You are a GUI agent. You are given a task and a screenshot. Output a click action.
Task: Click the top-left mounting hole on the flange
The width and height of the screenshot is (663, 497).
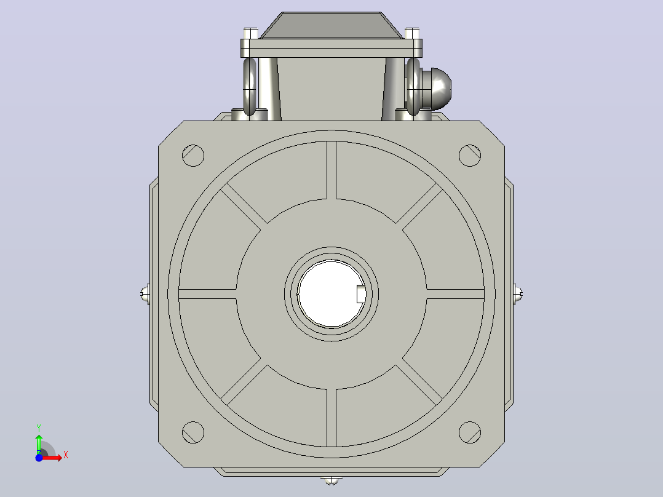pyautogui.click(x=193, y=155)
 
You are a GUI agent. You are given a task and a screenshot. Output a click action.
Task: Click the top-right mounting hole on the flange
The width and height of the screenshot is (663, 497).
pyautogui.click(x=470, y=155)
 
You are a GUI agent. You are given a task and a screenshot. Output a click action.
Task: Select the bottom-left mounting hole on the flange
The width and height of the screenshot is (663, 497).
pyautogui.click(x=193, y=432)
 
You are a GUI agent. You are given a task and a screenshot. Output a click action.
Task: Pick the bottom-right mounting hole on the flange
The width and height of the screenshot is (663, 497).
pyautogui.click(x=470, y=432)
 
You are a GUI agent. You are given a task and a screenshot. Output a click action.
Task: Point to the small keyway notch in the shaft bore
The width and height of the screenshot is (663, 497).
pyautogui.click(x=361, y=294)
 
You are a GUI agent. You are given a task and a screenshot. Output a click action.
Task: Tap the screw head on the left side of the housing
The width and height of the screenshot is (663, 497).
pyautogui.click(x=145, y=293)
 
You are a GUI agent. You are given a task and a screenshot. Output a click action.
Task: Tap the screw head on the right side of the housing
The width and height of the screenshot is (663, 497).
pyautogui.click(x=518, y=293)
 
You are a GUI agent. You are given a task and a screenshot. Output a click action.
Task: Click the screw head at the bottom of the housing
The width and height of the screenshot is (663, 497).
pyautogui.click(x=331, y=480)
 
